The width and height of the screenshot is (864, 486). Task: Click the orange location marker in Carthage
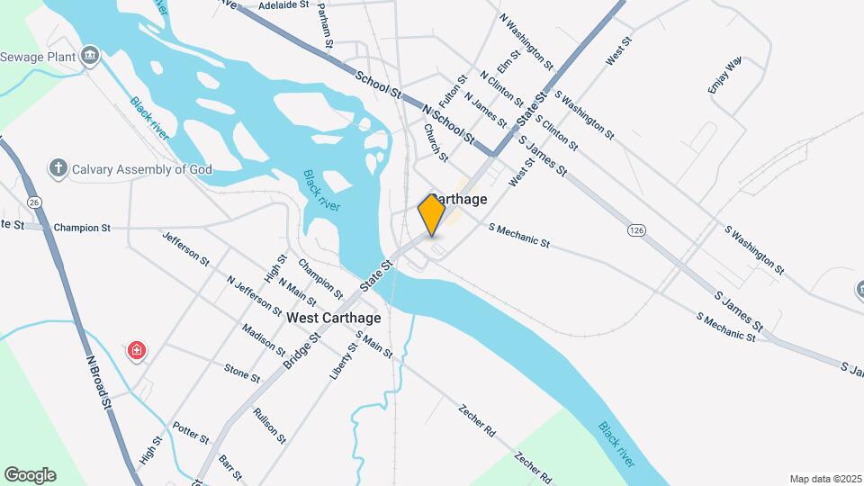[431, 214]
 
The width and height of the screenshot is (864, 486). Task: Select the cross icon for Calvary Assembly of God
[58, 168]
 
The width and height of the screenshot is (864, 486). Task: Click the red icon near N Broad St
[136, 349]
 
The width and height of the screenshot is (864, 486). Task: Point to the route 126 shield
[636, 231]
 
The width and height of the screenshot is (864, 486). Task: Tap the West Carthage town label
[334, 318]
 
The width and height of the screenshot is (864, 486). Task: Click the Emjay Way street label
[724, 75]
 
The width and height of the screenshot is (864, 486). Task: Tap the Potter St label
[191, 433]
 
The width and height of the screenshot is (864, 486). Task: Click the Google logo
[30, 475]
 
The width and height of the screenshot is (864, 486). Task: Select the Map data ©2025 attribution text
[824, 479]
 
